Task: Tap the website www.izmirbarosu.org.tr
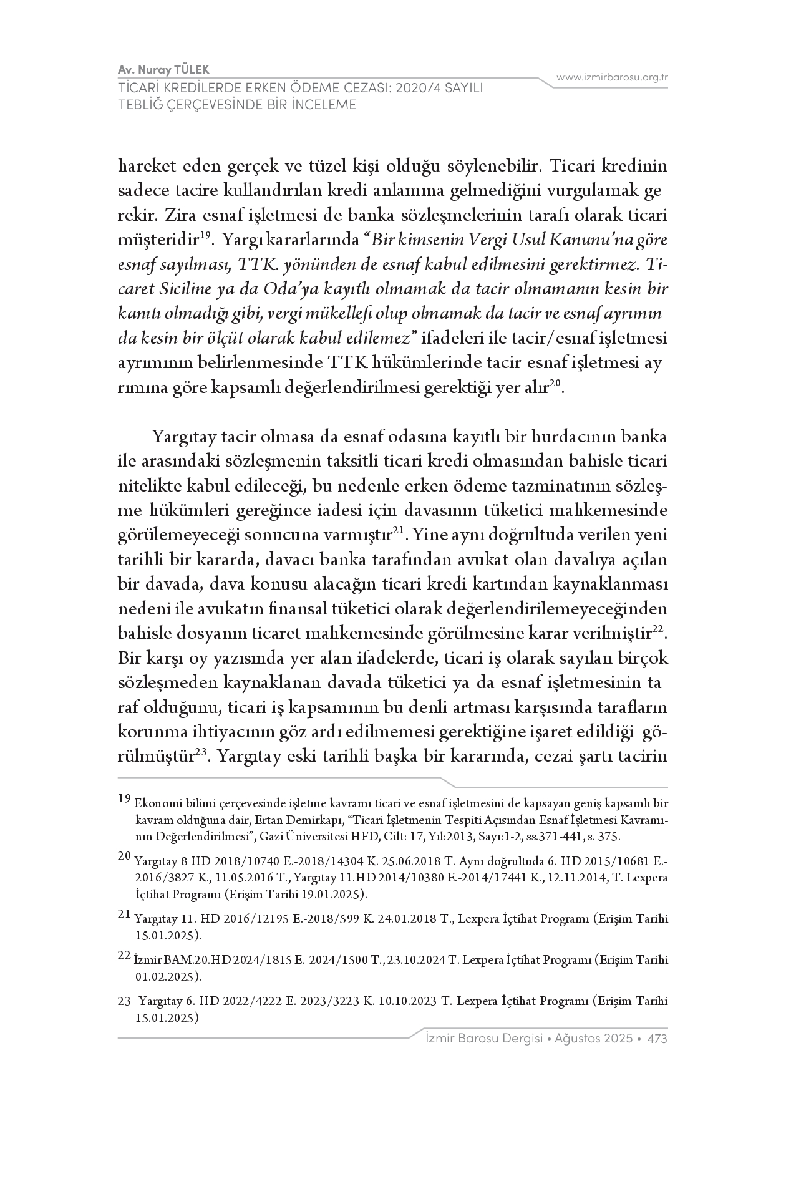tap(613, 77)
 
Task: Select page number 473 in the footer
tap(657, 1039)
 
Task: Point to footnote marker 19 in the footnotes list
tap(124, 798)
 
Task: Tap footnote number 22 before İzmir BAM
tap(124, 955)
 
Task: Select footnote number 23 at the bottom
tap(124, 1001)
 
